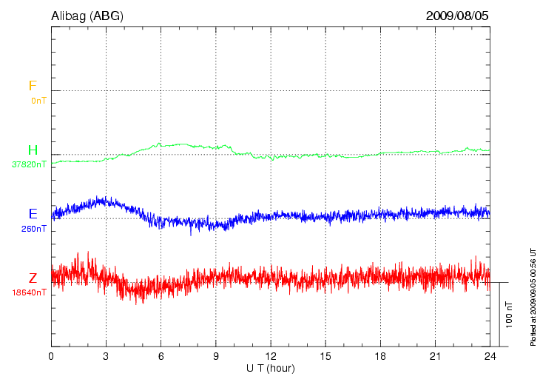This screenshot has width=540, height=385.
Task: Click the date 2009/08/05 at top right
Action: pyautogui.click(x=457, y=15)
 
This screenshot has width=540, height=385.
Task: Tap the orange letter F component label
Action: pyautogui.click(x=33, y=86)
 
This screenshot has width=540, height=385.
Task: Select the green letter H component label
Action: pyautogui.click(x=33, y=150)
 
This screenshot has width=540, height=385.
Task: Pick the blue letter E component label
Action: pyautogui.click(x=33, y=214)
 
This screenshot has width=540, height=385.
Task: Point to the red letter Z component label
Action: pyautogui.click(x=33, y=278)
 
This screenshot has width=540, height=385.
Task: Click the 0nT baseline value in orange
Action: pyautogui.click(x=38, y=100)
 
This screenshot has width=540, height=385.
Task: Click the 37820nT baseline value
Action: pyautogui.click(x=30, y=164)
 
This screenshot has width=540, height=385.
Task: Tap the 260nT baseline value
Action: pyautogui.click(x=35, y=229)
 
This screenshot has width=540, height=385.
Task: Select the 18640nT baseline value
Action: pyautogui.click(x=30, y=292)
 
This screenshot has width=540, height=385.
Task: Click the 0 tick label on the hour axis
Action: pyautogui.click(x=51, y=356)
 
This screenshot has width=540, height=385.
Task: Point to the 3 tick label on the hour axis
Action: pyautogui.click(x=106, y=356)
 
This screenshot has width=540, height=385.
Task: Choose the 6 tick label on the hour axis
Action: pyautogui.click(x=161, y=356)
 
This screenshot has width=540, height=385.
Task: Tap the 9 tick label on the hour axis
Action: pyautogui.click(x=215, y=356)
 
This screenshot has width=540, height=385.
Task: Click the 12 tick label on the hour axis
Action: pyautogui.click(x=271, y=356)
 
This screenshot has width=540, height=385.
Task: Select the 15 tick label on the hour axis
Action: pyautogui.click(x=325, y=356)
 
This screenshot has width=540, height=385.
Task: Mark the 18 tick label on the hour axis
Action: pyautogui.click(x=380, y=356)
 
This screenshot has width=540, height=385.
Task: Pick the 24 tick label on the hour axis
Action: pyautogui.click(x=490, y=356)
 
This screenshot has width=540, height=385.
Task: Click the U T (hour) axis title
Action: pyautogui.click(x=271, y=368)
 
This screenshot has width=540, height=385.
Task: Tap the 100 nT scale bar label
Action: pyautogui.click(x=508, y=314)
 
